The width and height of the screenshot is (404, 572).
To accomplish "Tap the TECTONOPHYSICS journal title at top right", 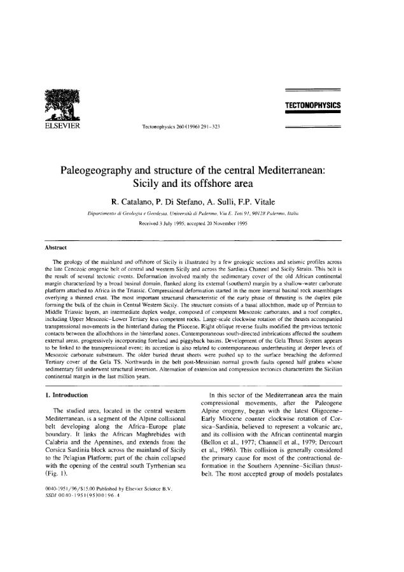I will (x=314, y=103).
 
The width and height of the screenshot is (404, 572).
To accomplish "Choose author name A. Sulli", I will (x=237, y=203).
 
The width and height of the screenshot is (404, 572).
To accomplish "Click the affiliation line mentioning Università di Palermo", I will (x=202, y=217).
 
